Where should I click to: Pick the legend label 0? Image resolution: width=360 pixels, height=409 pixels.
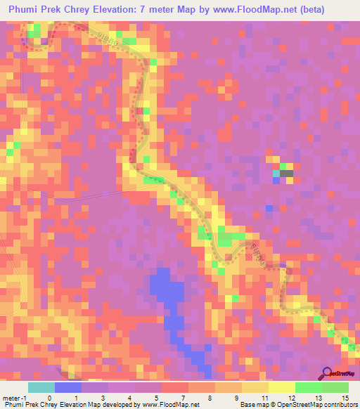[x=49, y=397]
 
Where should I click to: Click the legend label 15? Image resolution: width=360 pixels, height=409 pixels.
[x=345, y=397]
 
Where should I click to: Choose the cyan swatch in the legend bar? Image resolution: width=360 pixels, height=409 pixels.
[x=41, y=387]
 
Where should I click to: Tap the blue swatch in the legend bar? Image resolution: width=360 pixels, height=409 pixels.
[x=68, y=387]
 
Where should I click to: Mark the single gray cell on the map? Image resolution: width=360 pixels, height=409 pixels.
[x=286, y=174]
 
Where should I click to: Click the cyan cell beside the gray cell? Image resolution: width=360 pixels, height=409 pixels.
[x=276, y=174]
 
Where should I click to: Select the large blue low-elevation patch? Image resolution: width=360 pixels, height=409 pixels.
[x=165, y=288]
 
